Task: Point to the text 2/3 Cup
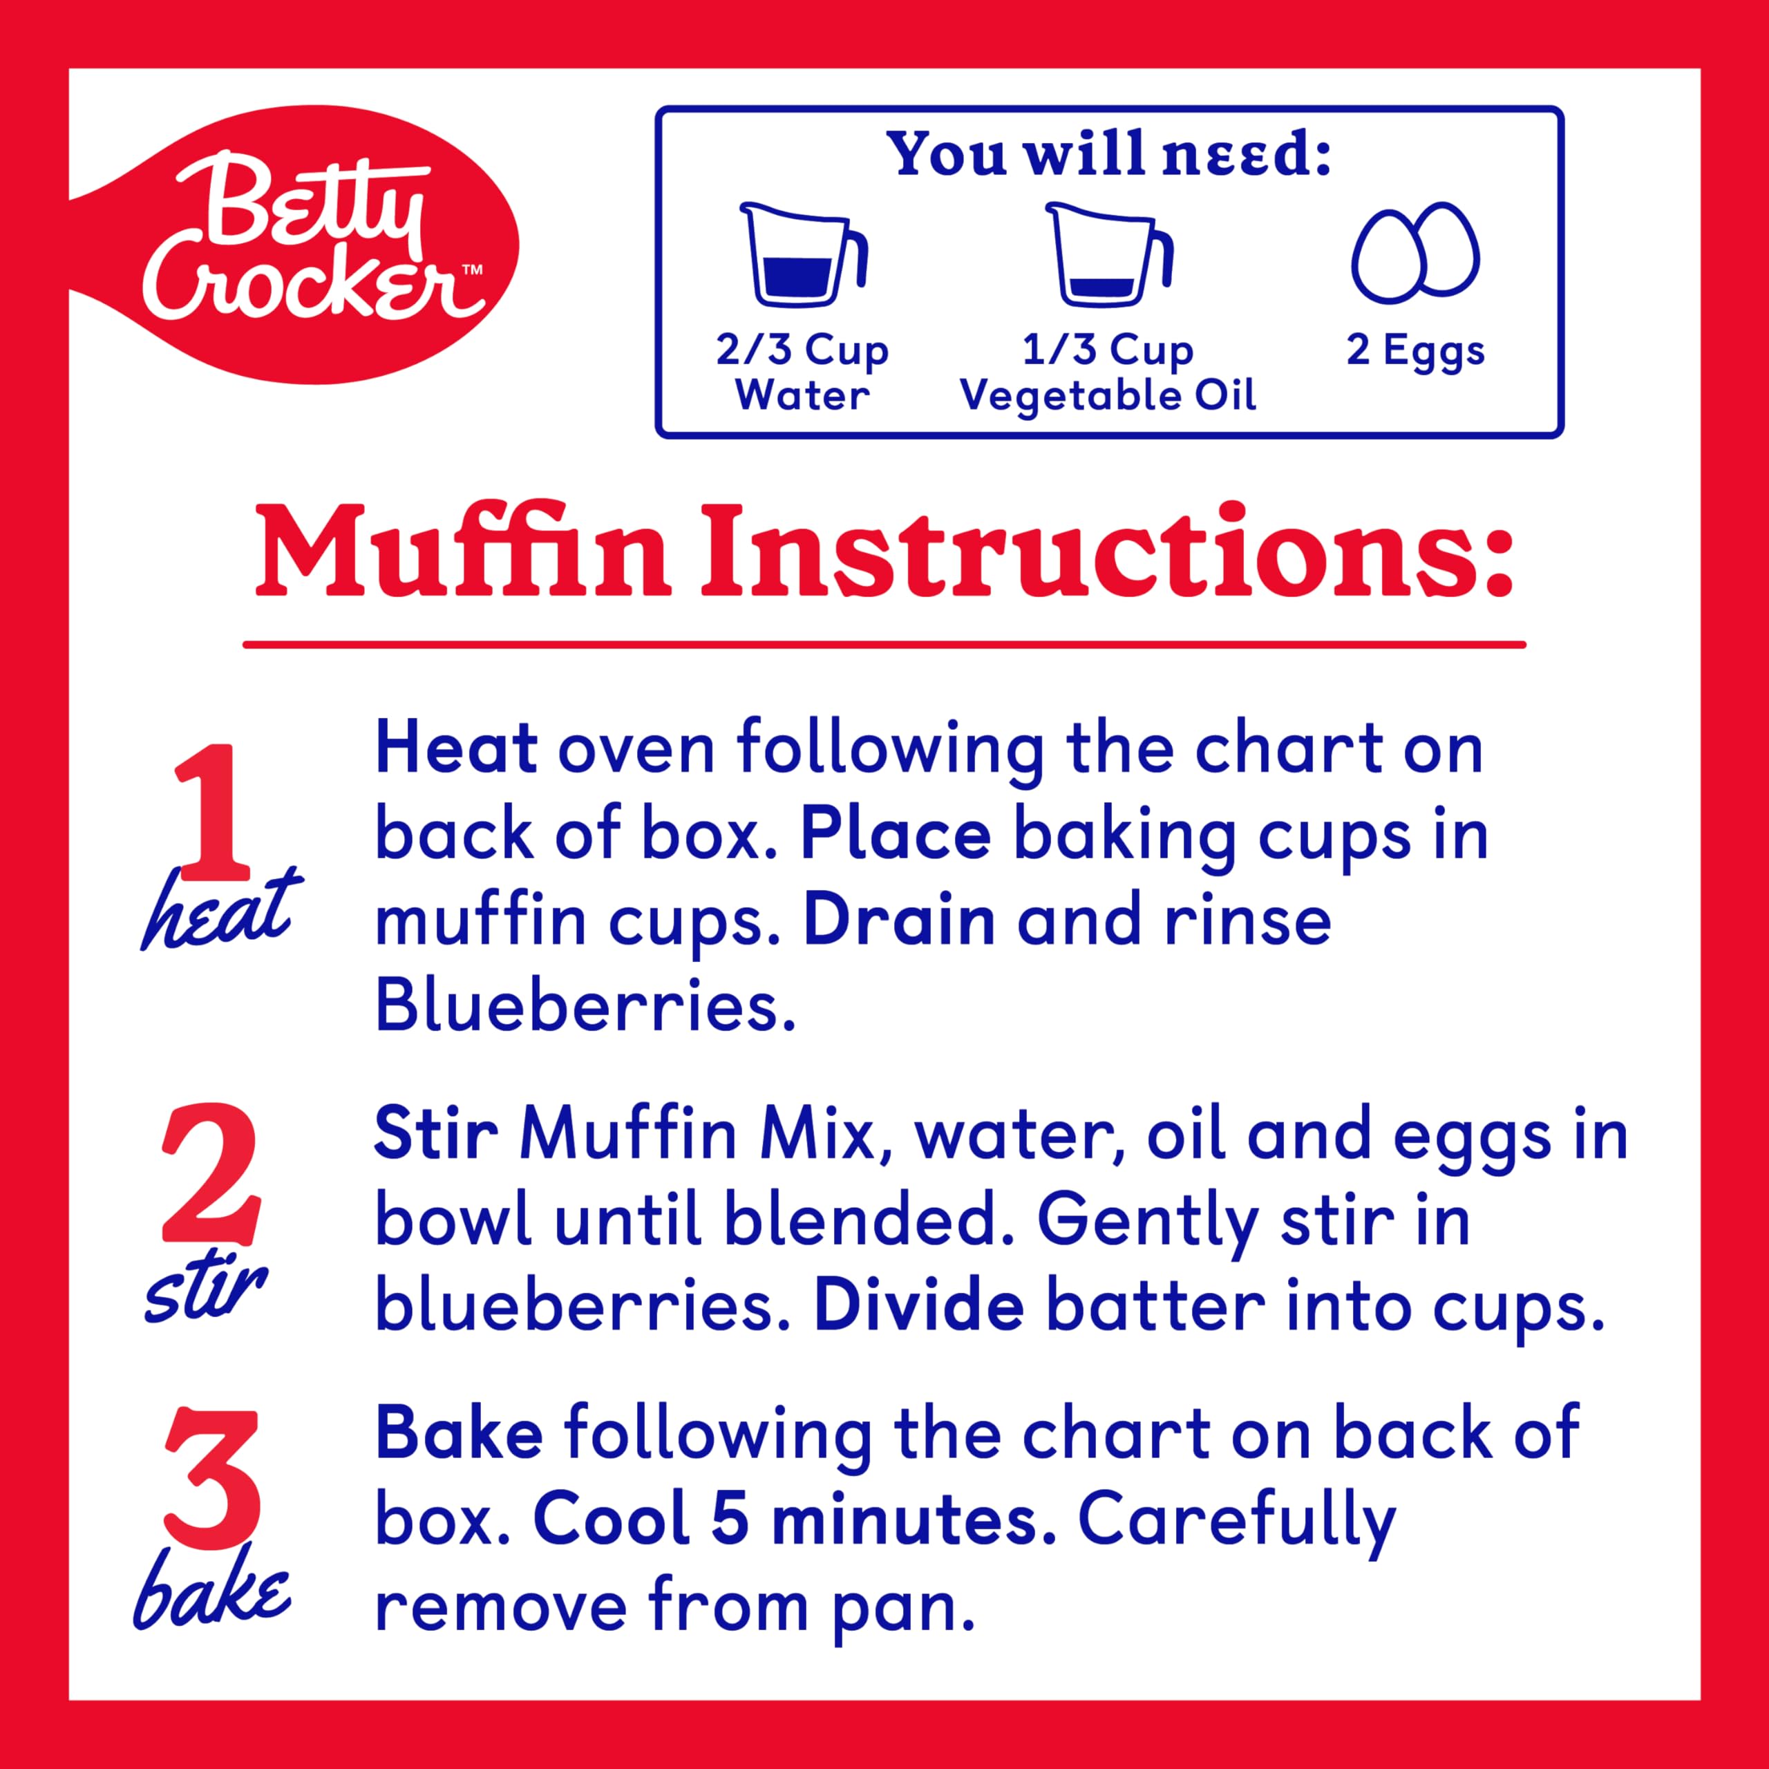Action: pyautogui.click(x=802, y=350)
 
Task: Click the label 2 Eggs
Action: pyautogui.click(x=1415, y=350)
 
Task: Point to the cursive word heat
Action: pyautogui.click(x=220, y=911)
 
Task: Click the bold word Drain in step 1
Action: pyautogui.click(x=898, y=921)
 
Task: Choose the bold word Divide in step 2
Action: pyautogui.click(x=918, y=1307)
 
